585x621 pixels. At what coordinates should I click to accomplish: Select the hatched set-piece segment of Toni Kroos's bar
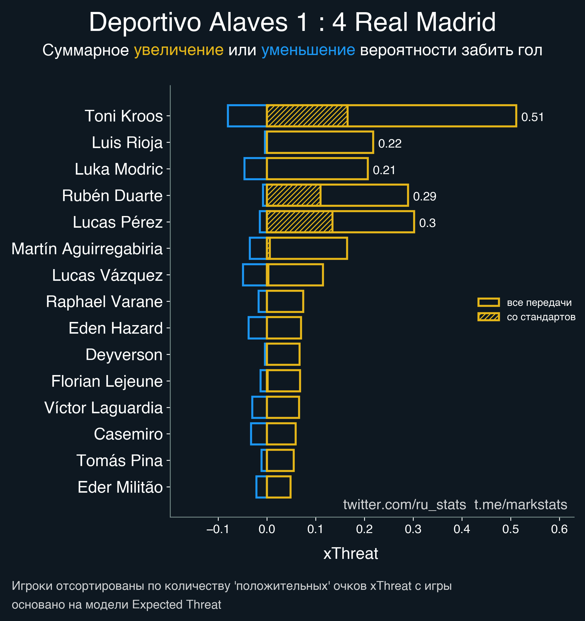[307, 116]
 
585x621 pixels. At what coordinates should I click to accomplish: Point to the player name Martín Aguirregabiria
[87, 249]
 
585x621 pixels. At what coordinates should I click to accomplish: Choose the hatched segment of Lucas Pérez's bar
[299, 222]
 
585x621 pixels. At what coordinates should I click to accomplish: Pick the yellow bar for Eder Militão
[279, 487]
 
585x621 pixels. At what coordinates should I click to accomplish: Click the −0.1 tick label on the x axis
[218, 529]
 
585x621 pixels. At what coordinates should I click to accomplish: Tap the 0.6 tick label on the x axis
[559, 529]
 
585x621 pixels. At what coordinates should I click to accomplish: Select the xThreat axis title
[351, 554]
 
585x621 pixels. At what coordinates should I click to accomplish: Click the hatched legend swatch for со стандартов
[488, 317]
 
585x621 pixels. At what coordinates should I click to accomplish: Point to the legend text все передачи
[539, 302]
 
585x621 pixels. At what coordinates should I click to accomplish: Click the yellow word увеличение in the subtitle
[178, 50]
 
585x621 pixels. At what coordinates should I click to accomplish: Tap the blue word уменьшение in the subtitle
[308, 50]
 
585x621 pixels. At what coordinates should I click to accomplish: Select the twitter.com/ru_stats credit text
[404, 505]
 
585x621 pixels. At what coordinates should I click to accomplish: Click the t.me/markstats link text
[521, 505]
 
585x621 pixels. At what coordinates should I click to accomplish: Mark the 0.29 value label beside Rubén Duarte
[424, 197]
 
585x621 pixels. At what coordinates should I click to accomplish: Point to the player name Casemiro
[128, 434]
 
